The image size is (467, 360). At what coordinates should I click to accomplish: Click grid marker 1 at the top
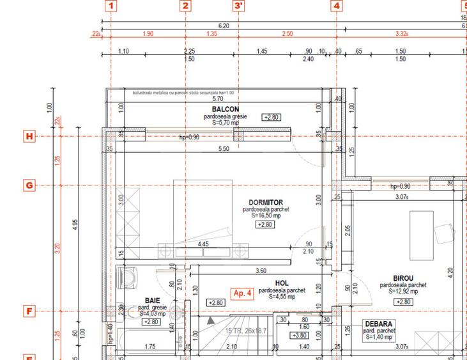[112, 6]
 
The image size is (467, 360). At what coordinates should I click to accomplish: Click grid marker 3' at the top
[239, 6]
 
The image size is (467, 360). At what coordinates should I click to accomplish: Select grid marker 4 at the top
[337, 6]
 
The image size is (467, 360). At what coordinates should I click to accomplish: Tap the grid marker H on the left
[29, 136]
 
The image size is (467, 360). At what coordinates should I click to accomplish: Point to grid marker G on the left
[29, 185]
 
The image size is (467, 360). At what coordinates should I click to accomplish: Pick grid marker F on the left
[29, 311]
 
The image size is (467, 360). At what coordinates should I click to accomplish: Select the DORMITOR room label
[266, 202]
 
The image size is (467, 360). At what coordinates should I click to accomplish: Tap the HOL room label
[282, 283]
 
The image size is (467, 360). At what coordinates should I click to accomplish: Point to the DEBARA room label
[379, 324]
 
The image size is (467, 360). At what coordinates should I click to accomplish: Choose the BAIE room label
[152, 300]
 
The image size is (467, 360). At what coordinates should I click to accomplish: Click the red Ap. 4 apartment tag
[243, 293]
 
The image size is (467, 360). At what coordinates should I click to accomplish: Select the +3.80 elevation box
[299, 335]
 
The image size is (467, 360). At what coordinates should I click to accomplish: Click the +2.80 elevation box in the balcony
[272, 117]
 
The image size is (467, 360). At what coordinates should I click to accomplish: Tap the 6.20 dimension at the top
[224, 26]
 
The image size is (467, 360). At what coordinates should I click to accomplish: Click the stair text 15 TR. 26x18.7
[245, 331]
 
